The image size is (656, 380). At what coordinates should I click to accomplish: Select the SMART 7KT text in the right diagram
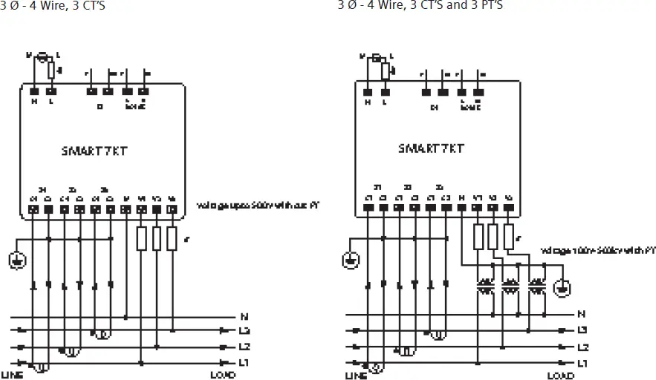point(431,148)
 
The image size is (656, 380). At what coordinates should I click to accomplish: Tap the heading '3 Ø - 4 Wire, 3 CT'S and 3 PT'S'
point(424,6)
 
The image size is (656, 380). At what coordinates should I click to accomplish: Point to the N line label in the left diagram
point(245,315)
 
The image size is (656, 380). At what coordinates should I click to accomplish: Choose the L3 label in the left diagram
point(245,330)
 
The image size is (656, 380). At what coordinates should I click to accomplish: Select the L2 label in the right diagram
point(583,347)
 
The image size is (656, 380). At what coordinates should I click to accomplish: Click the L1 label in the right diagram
point(583,363)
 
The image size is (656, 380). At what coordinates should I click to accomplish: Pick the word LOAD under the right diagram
point(560,376)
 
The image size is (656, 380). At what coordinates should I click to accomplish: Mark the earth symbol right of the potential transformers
point(563,286)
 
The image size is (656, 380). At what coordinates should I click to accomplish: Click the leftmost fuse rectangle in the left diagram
point(141,238)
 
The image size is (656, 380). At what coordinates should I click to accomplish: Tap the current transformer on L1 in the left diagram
point(43,365)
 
